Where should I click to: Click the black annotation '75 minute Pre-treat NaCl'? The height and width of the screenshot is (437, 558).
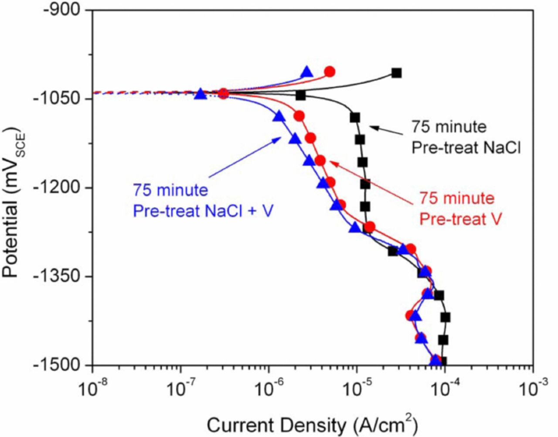click(x=466, y=137)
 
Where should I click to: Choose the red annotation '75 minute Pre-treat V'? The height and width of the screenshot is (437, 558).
click(x=459, y=208)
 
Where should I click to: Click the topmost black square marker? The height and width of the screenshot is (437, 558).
click(x=396, y=73)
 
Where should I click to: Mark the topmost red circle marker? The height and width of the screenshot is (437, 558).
click(x=330, y=72)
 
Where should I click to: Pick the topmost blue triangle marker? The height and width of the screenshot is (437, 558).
click(x=307, y=72)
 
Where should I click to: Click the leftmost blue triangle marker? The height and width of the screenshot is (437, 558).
click(x=200, y=94)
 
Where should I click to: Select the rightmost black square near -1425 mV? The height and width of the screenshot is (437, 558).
click(x=445, y=318)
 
